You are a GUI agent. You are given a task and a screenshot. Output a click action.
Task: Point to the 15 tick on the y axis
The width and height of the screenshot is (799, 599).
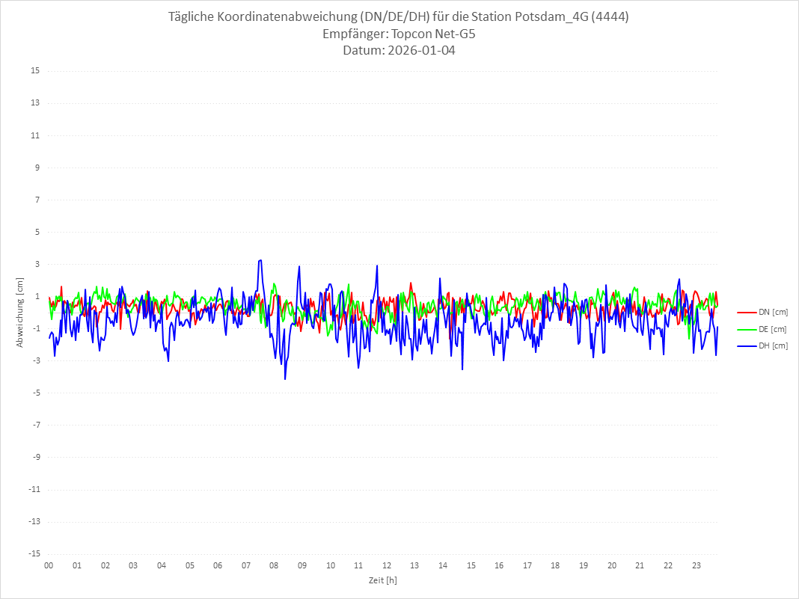[x=35, y=71]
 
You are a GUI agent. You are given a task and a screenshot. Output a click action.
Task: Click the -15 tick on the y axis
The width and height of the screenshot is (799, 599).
[x=34, y=554]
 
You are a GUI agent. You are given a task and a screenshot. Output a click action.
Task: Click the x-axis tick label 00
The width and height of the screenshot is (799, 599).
[x=49, y=565]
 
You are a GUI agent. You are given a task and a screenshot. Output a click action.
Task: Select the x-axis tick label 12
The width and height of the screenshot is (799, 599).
[x=387, y=565]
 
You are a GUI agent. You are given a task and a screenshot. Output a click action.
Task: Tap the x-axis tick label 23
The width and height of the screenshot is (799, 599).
[x=697, y=565]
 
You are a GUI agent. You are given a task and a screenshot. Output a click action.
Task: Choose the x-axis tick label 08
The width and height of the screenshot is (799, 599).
[x=274, y=565]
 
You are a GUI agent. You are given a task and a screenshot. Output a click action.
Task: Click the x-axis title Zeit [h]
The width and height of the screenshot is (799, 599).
[x=383, y=580]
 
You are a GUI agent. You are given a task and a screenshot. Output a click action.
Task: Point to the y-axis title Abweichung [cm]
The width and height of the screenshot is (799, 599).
[x=20, y=312]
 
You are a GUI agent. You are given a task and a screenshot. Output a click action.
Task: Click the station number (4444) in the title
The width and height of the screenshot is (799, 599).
[x=608, y=17]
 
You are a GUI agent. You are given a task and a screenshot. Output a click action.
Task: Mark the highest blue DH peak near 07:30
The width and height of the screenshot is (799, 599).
[x=260, y=260]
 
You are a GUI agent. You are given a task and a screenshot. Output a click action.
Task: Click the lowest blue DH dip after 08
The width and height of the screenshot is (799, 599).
[x=285, y=379]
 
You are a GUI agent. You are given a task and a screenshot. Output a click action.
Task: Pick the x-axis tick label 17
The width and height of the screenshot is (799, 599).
[x=527, y=565]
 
